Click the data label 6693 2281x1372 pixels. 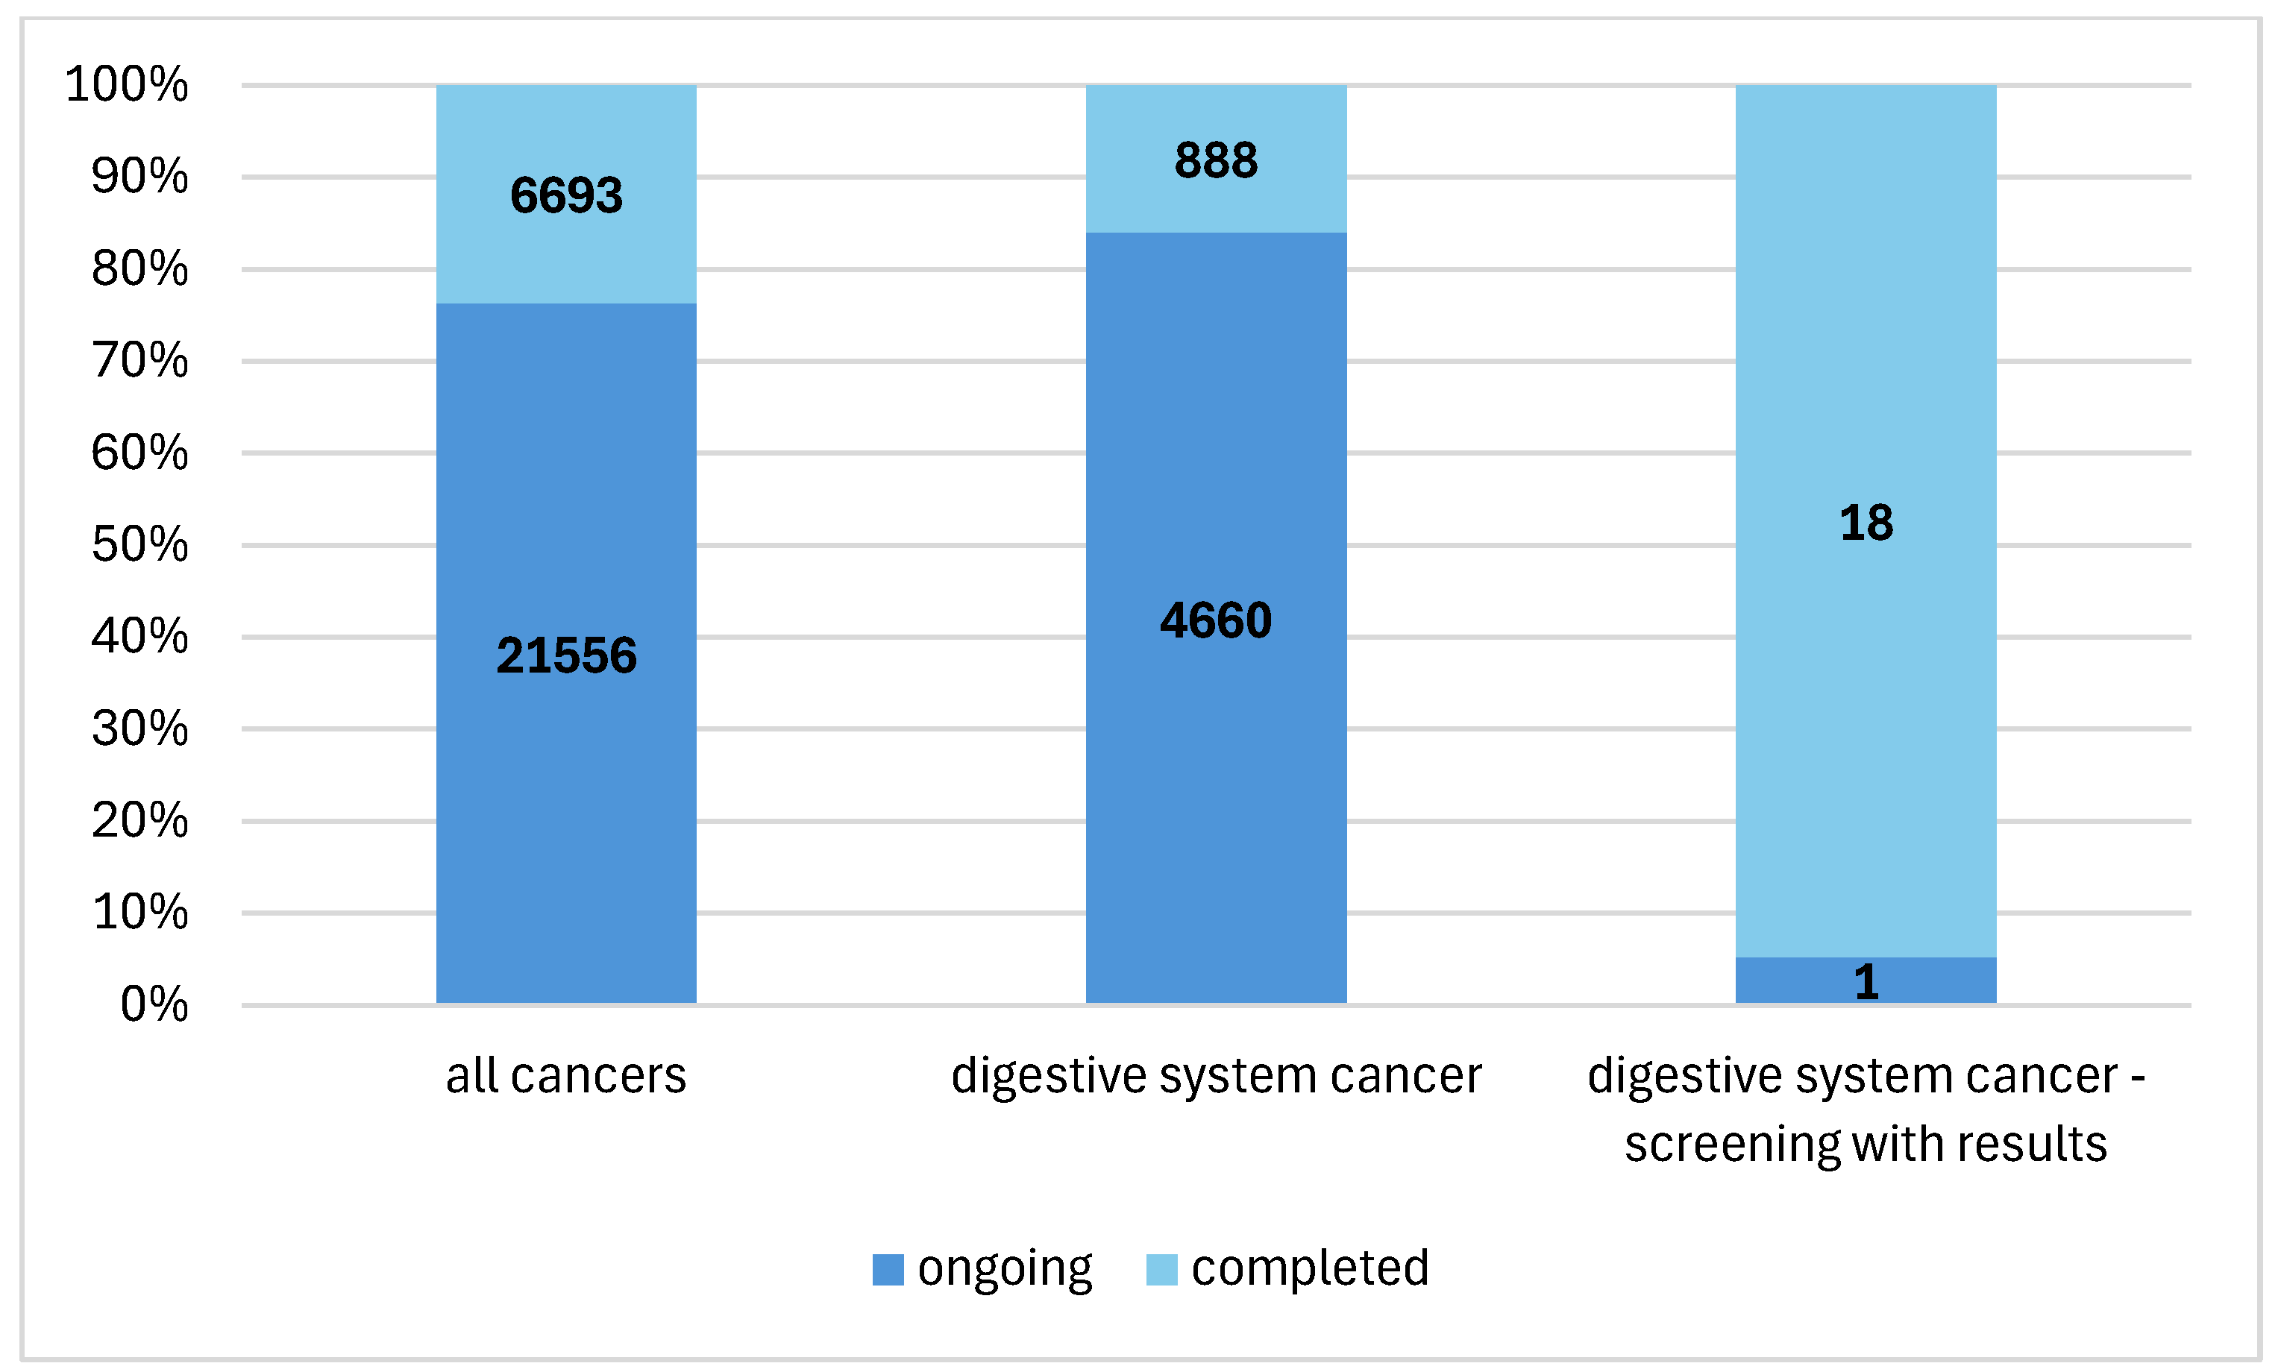click(566, 195)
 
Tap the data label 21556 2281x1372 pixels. click(566, 655)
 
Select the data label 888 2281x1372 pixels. click(1215, 160)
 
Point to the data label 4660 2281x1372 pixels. click(1215, 620)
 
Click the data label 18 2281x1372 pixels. click(1865, 523)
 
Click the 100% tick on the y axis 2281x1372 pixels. click(127, 84)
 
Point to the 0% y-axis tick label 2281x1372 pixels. click(154, 1004)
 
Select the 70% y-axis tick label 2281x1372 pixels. click(139, 361)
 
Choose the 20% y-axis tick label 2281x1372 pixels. click(139, 820)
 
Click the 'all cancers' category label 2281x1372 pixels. click(566, 1075)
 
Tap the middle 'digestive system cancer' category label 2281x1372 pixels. click(1215, 1075)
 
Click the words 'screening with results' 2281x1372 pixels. click(1865, 1144)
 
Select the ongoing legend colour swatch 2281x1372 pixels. click(888, 1269)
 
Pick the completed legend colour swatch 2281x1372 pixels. click(1161, 1269)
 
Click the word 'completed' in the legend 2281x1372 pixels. click(1309, 1268)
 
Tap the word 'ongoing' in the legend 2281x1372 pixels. click(1004, 1269)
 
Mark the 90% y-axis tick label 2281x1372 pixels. click(139, 177)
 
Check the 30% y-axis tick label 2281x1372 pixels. click(139, 729)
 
